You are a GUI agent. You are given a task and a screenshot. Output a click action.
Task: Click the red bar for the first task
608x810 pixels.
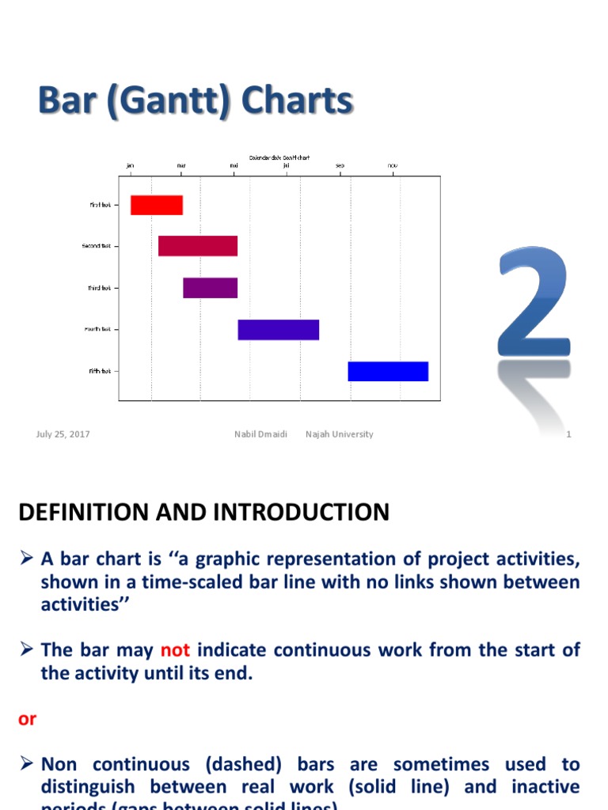tap(157, 205)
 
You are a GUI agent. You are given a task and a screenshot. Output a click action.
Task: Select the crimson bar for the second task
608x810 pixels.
tap(198, 246)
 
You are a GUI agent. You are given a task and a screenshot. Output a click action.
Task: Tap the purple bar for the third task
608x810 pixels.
tap(210, 288)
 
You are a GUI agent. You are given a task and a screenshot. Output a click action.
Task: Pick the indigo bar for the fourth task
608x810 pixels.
tap(278, 330)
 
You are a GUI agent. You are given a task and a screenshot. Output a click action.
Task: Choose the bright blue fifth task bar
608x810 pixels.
tap(388, 371)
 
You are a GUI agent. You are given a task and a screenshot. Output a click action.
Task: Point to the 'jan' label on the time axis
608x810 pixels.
tap(131, 165)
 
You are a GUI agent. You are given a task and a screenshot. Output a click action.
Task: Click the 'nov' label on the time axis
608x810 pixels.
tap(393, 165)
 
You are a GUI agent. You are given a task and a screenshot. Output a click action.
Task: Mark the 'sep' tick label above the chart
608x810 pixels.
tap(340, 165)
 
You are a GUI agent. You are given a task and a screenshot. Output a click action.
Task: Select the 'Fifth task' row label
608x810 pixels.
tap(100, 371)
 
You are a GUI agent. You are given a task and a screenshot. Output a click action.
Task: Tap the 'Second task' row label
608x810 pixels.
tap(97, 246)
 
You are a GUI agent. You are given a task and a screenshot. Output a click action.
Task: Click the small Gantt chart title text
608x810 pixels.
tap(279, 157)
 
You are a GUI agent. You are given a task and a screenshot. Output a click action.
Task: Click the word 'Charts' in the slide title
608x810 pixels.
tap(297, 102)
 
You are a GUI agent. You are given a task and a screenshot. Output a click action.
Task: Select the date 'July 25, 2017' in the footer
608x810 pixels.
tap(63, 434)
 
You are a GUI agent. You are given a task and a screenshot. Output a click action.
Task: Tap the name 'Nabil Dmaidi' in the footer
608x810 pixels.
tap(260, 434)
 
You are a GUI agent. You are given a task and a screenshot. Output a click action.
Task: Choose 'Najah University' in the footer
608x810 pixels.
tap(340, 434)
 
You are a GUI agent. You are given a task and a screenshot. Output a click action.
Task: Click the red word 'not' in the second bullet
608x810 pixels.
tap(175, 650)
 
